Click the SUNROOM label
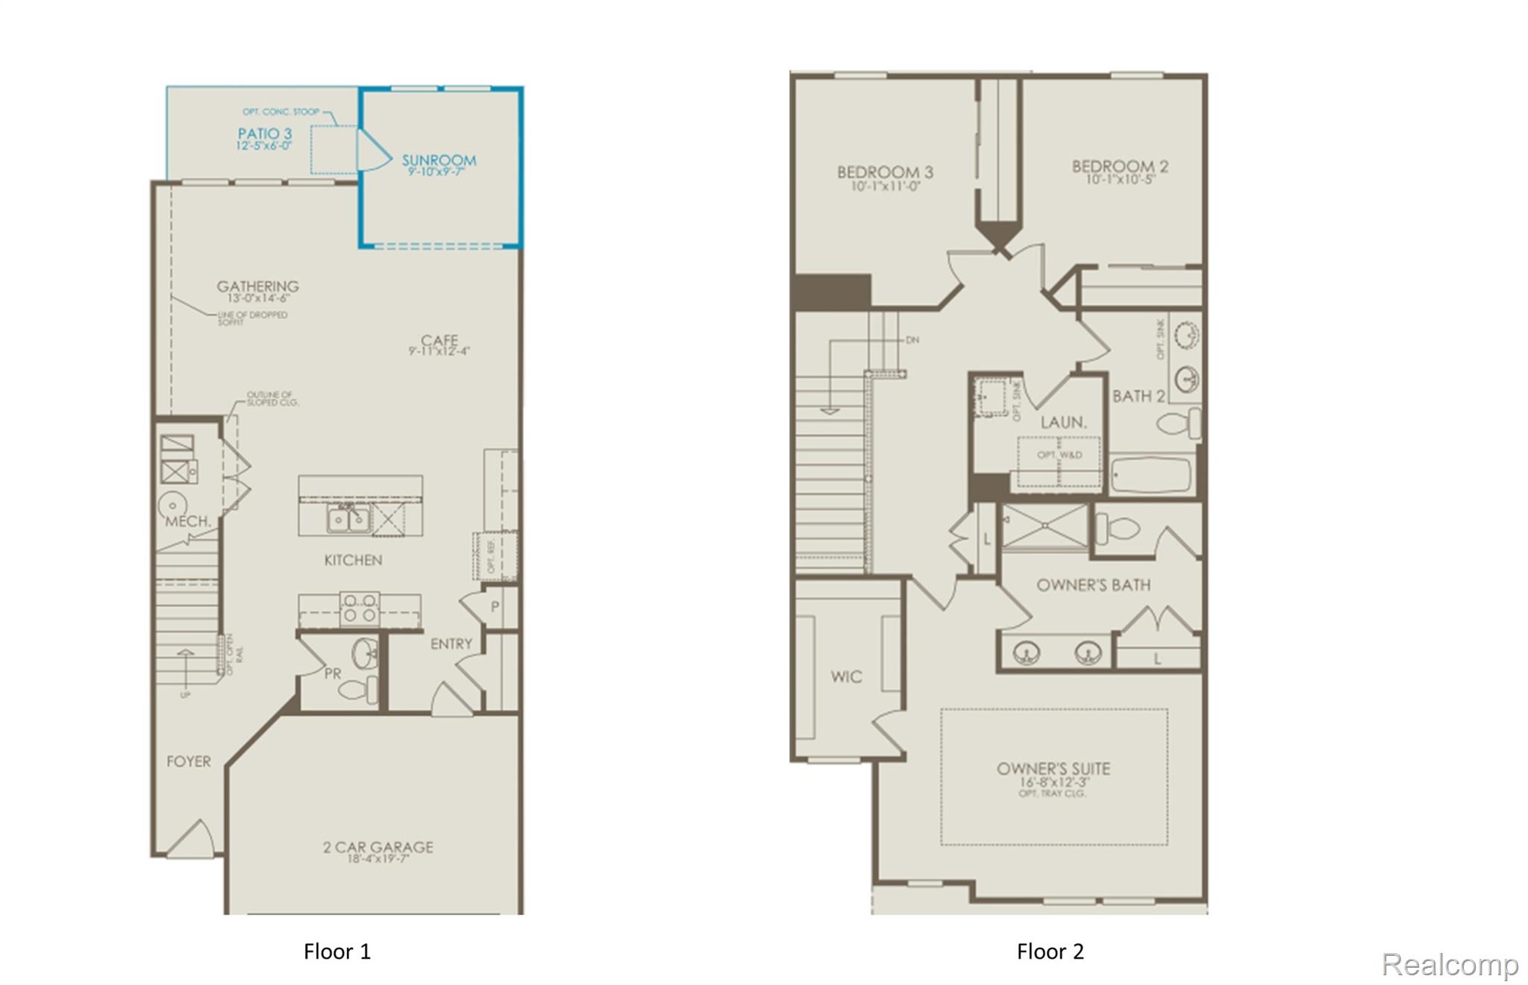click(439, 160)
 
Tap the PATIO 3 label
click(264, 134)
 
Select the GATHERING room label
click(257, 286)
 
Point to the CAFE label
click(439, 341)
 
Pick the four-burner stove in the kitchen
click(360, 608)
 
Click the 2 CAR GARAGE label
click(378, 847)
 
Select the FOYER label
click(188, 761)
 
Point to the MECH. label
click(187, 521)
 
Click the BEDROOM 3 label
click(885, 172)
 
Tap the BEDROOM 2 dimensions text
click(1120, 180)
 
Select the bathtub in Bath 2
click(1151, 475)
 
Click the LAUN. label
click(1063, 422)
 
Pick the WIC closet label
click(846, 676)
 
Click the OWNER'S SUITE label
click(1053, 769)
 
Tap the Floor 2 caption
click(1050, 951)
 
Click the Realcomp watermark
click(1450, 964)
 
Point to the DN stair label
click(912, 340)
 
